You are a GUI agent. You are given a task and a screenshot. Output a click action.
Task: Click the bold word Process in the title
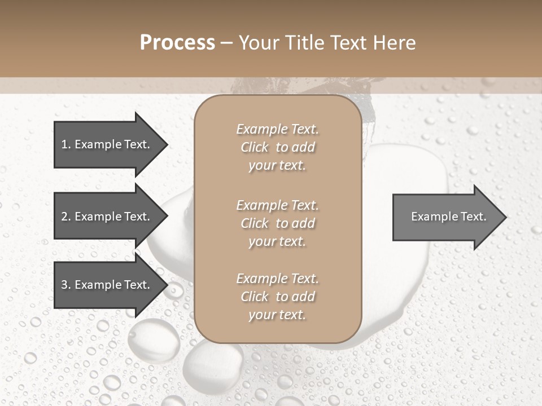tap(177, 43)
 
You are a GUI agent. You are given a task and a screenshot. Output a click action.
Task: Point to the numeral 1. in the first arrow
tap(65, 144)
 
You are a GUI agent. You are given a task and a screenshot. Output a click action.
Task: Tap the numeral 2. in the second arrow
tap(65, 217)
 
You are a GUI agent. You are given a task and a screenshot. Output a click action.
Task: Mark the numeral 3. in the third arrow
tap(65, 285)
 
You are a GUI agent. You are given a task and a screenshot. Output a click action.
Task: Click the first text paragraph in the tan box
tap(277, 147)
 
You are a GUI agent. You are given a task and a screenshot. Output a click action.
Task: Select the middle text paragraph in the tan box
tap(277, 223)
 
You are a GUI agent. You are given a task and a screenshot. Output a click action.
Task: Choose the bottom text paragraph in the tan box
tap(277, 297)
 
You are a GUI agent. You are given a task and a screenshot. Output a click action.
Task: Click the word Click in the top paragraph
tap(255, 147)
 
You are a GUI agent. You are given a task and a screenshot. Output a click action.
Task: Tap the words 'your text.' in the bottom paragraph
tap(277, 315)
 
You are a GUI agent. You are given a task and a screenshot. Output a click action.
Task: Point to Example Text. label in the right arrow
tap(448, 217)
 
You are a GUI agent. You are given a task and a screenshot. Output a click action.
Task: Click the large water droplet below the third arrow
tap(153, 339)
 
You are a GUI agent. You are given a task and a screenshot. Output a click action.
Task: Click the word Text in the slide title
tap(348, 43)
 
